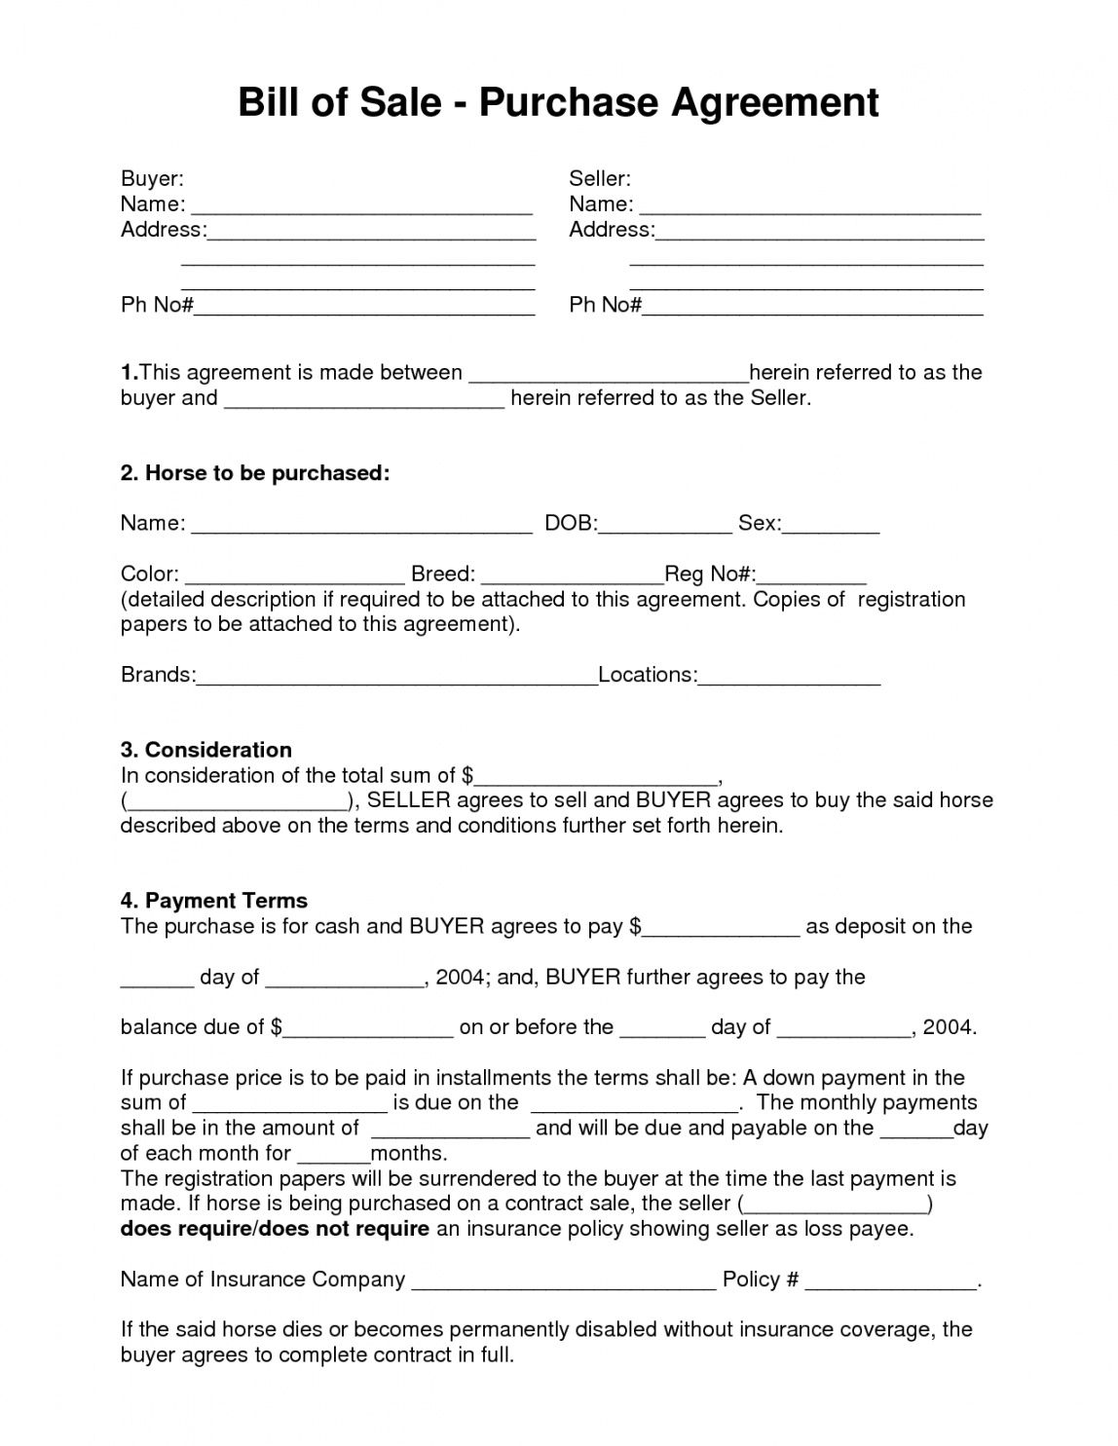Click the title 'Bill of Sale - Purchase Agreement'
coord(558,102)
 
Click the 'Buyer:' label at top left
coord(152,178)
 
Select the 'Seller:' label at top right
coord(600,178)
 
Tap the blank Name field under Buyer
coord(361,205)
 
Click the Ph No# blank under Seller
coord(812,307)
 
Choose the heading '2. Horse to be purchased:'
coord(255,473)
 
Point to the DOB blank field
coord(664,525)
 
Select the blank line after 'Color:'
coord(294,575)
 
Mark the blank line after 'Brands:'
coord(396,677)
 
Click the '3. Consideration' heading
coord(206,750)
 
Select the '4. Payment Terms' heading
coord(214,901)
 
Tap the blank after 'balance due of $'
coord(368,1028)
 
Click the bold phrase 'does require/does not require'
coord(275,1229)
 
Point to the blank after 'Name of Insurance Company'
coord(564,1281)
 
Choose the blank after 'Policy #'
coord(890,1281)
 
